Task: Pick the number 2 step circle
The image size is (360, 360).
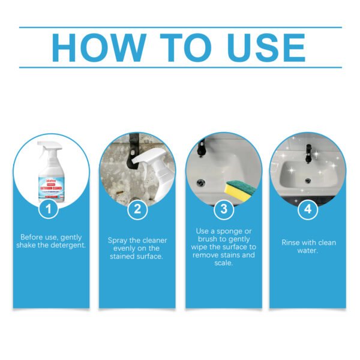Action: (137, 209)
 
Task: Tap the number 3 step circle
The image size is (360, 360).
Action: (223, 209)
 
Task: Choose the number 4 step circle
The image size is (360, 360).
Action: (307, 209)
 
